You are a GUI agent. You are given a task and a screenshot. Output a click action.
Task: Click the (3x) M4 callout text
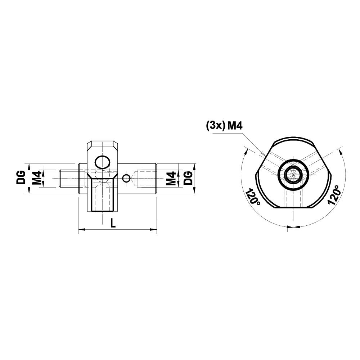pyautogui.click(x=225, y=126)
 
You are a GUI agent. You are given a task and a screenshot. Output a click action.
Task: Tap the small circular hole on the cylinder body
pyautogui.click(x=126, y=178)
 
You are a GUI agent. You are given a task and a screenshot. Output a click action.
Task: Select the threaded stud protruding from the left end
pyautogui.click(x=67, y=178)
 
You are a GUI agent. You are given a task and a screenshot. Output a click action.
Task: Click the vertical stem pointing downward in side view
pyautogui.click(x=103, y=196)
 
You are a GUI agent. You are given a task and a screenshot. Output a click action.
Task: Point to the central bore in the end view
pyautogui.click(x=294, y=175)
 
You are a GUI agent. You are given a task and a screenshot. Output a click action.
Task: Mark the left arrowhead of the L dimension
pyautogui.click(x=81, y=229)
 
